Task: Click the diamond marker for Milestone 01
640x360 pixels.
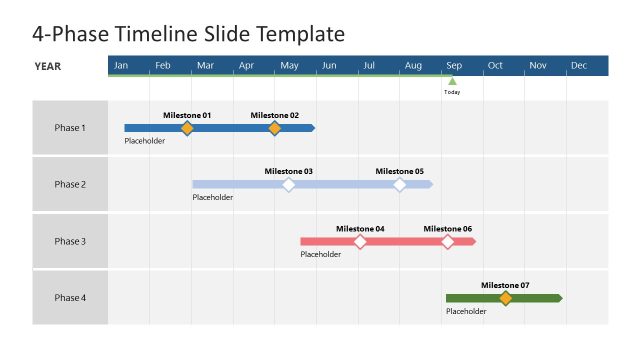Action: point(187,128)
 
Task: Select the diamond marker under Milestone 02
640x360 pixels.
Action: point(275,128)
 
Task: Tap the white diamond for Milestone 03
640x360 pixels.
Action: point(289,185)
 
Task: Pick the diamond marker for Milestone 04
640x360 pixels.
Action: point(360,242)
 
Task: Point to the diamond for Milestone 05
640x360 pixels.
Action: point(400,185)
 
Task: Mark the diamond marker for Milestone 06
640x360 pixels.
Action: point(448,242)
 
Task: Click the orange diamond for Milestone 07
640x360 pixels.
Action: point(505,298)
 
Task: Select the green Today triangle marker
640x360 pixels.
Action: point(452,81)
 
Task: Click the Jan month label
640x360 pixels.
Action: point(121,66)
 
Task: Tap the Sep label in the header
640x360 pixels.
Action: point(453,66)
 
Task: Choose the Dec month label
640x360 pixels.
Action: point(579,66)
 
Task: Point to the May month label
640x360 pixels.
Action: point(289,66)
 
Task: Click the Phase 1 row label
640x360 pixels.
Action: point(70,128)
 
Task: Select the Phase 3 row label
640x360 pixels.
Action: point(70,241)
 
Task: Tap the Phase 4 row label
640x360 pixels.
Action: point(70,298)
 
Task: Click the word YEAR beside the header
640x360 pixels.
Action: point(48,66)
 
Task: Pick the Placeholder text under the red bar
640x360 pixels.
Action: point(320,254)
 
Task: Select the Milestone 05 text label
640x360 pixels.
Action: point(400,171)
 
